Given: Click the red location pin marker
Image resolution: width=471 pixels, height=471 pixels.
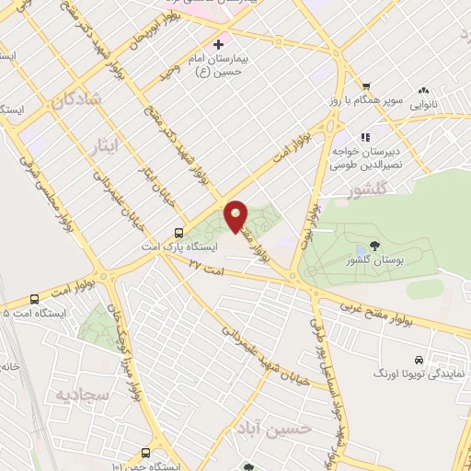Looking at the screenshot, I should pos(235,215).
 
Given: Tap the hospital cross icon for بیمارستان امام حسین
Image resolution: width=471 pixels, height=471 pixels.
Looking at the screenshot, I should pos(218,43).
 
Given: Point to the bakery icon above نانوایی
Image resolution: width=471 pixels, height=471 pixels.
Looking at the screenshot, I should pos(424,90).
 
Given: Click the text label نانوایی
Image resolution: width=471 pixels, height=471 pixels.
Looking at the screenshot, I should pos(425,104).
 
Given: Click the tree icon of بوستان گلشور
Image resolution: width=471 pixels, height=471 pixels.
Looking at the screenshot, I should pos(373,245).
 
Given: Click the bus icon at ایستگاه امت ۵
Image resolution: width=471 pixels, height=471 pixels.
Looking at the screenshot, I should pos(35,298).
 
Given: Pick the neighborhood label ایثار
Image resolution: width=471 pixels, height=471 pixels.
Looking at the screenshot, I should pos(108,144).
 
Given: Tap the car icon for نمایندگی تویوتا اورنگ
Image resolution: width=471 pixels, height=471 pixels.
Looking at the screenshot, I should pos(419,359).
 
